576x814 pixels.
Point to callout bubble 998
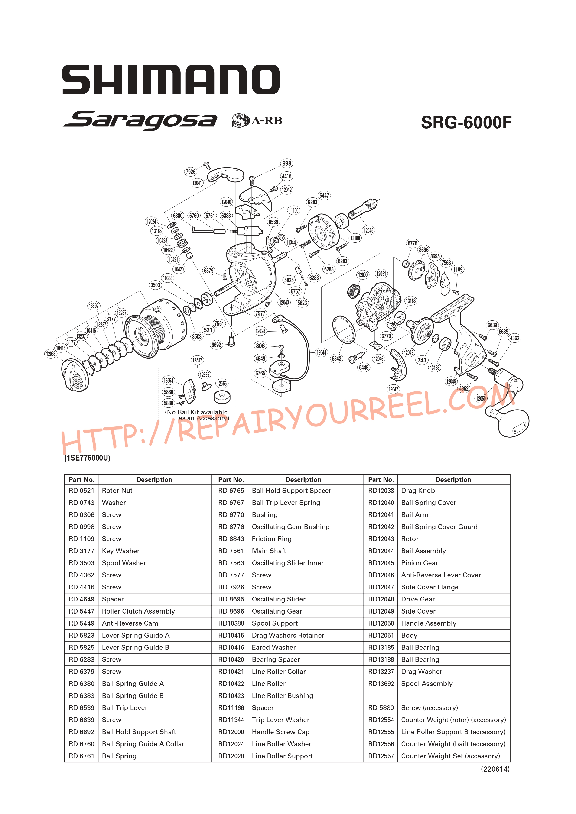286,163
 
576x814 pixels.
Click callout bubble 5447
324,195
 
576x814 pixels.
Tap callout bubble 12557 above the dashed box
197,360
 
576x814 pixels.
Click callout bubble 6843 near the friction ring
336,359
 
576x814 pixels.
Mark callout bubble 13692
94,306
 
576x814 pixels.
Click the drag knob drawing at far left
75,375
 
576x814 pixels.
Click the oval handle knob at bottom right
513,423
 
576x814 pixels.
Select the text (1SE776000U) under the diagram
87,458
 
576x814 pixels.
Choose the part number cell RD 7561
231,551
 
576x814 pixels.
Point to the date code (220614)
495,769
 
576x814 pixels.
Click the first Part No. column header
81,480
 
